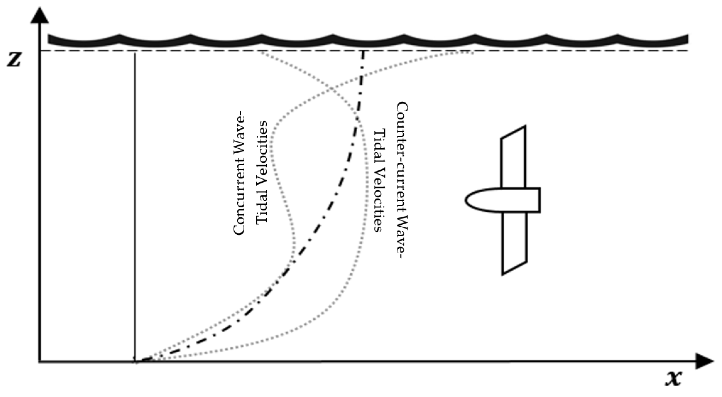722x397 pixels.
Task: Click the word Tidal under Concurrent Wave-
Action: pos(262,207)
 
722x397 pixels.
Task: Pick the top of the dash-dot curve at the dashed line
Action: pos(363,51)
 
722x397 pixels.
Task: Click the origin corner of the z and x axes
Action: pos(40,362)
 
